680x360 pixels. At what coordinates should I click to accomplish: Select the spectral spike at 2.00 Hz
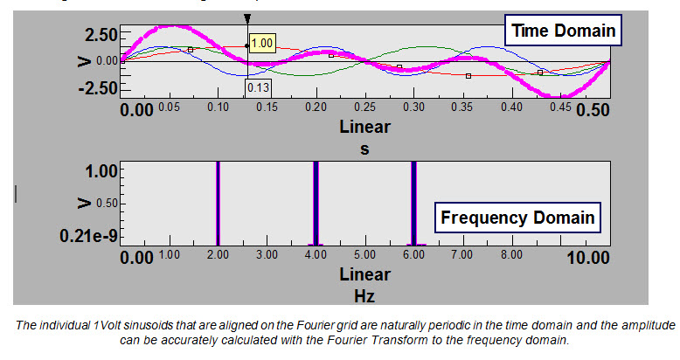pyautogui.click(x=218, y=203)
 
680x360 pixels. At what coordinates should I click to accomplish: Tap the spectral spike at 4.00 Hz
pyautogui.click(x=316, y=203)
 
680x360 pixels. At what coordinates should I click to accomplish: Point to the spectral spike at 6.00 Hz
pyautogui.click(x=413, y=203)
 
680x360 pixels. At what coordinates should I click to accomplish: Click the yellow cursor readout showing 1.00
pyautogui.click(x=261, y=42)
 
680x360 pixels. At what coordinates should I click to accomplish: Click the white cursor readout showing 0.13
pyautogui.click(x=258, y=87)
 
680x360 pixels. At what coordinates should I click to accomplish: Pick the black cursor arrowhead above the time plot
pyautogui.click(x=247, y=18)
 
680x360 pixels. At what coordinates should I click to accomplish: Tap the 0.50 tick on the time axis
pyautogui.click(x=591, y=109)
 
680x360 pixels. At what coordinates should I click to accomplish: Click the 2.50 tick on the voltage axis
pyautogui.click(x=96, y=35)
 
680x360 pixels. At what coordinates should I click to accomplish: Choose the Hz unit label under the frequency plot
pyautogui.click(x=364, y=295)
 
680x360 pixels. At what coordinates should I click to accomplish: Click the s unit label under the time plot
pyautogui.click(x=364, y=149)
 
